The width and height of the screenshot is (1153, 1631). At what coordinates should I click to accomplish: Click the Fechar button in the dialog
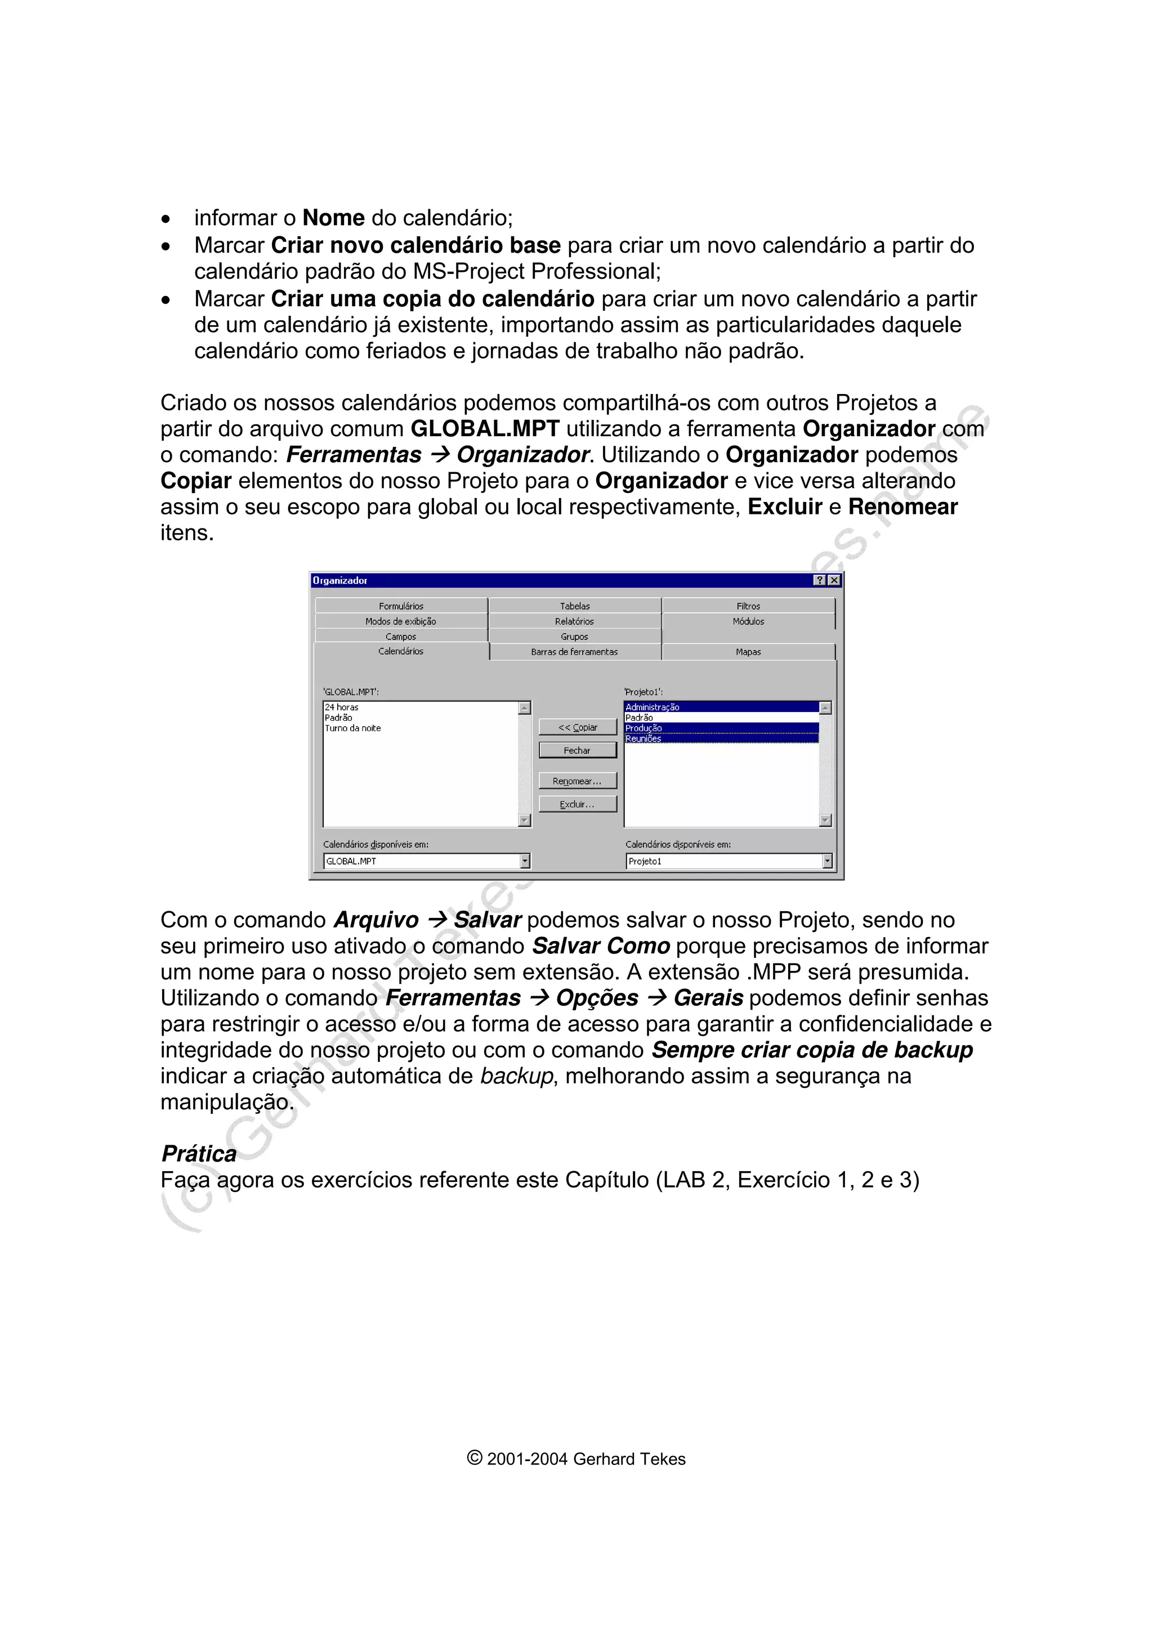[577, 750]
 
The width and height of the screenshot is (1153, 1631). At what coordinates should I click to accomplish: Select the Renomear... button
[577, 781]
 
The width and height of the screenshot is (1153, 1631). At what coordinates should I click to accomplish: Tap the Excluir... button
[577, 804]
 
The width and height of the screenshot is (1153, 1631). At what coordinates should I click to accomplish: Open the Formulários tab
[401, 606]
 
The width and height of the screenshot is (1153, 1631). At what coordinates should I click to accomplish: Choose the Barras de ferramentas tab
[574, 651]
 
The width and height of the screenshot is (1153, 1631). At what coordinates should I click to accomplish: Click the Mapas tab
[748, 651]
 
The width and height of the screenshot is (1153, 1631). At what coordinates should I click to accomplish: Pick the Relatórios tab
[574, 621]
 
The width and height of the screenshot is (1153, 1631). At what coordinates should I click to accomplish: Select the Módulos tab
[748, 621]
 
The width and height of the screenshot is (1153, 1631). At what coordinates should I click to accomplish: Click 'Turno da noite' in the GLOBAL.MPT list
[353, 728]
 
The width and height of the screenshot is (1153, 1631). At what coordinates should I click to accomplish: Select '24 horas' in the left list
[342, 707]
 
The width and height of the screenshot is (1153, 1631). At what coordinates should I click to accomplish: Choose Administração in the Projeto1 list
[652, 707]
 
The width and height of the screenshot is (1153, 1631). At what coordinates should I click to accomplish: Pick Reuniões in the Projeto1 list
[643, 739]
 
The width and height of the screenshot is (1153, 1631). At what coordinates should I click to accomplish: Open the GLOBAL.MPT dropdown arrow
[525, 861]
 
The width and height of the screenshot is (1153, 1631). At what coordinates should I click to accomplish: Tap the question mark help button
[820, 580]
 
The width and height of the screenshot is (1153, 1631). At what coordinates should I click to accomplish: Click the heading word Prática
[199, 1153]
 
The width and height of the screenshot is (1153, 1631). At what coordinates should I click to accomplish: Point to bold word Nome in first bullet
[333, 217]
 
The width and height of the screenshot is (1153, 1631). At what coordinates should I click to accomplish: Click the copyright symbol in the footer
[475, 1458]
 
